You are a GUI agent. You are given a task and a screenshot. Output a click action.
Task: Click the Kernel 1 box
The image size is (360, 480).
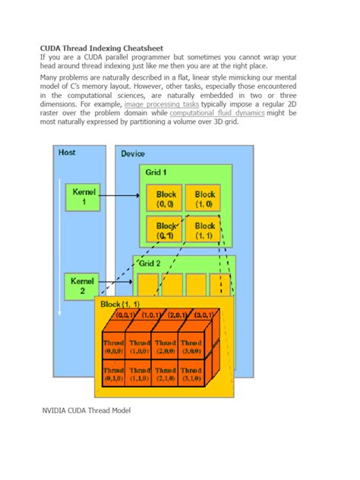pos(84,195)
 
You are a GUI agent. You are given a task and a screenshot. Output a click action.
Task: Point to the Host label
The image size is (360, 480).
pos(67,152)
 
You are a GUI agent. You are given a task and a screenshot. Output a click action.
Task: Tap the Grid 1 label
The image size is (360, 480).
pos(156,172)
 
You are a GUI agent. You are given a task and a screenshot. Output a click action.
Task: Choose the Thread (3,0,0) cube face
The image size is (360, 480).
pos(191,346)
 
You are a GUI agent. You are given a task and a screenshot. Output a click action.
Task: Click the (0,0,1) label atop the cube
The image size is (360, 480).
pos(127,314)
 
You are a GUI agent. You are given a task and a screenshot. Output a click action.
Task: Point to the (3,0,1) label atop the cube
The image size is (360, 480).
pos(204,314)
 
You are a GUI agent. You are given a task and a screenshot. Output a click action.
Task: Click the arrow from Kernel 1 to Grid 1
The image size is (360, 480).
pos(122,195)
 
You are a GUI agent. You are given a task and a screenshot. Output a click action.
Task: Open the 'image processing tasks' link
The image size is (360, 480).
pos(162,104)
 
